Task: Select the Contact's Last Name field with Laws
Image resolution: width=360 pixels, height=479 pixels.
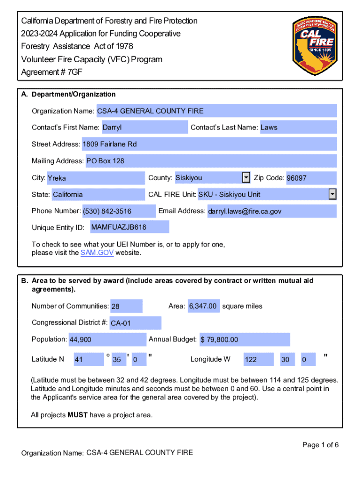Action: click(297, 127)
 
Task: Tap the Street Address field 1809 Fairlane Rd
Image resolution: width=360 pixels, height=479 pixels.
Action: click(209, 144)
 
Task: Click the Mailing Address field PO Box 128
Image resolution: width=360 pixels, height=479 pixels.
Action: click(210, 161)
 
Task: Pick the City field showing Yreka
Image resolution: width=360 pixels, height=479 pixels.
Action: click(96, 178)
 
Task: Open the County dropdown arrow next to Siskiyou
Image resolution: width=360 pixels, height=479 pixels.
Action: click(246, 178)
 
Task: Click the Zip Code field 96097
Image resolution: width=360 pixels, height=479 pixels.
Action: click(310, 178)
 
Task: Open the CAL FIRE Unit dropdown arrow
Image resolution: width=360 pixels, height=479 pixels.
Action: click(332, 194)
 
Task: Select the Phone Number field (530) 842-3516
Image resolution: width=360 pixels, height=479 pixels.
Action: click(119, 211)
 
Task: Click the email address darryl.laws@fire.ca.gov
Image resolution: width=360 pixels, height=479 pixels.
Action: click(271, 211)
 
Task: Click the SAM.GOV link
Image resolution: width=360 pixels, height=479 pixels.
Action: click(97, 253)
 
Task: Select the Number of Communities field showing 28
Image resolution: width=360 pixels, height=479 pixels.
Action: click(126, 306)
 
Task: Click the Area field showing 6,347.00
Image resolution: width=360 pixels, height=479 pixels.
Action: click(203, 306)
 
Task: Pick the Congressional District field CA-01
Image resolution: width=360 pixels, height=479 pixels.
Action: click(135, 323)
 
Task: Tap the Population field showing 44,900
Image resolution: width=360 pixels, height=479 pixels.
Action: click(107, 340)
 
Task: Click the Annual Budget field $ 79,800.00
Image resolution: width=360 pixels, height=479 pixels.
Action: click(244, 340)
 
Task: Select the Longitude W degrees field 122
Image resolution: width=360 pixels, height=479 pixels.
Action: click(258, 360)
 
